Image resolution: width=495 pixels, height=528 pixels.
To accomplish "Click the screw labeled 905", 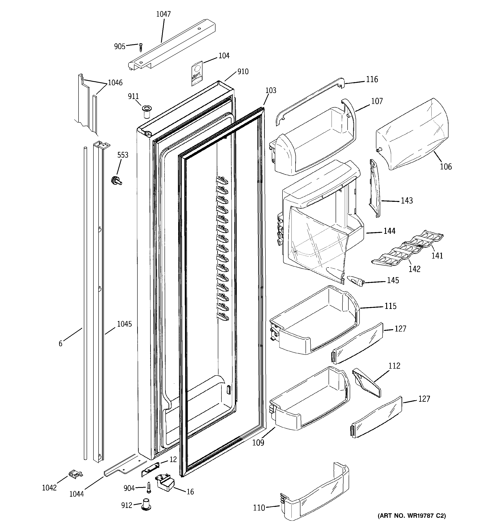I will coord(141,48).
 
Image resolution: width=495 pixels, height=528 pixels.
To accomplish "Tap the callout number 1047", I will coord(163,14).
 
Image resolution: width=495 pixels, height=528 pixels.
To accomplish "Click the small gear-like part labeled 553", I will coord(116,181).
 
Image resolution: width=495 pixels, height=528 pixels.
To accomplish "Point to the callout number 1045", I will coord(124,324).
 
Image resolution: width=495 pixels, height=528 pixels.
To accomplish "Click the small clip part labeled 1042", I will coord(76,474).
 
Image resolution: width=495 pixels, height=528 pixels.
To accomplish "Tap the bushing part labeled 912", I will coord(146,504).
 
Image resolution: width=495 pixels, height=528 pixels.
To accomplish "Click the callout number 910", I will coord(243,71).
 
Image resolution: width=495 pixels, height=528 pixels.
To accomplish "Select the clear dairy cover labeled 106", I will coord(412,134).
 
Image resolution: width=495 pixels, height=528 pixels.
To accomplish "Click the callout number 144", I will coord(389,231).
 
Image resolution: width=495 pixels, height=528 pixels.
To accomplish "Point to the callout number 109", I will coord(258,442).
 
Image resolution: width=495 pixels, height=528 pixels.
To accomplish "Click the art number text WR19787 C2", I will coord(412,515).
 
